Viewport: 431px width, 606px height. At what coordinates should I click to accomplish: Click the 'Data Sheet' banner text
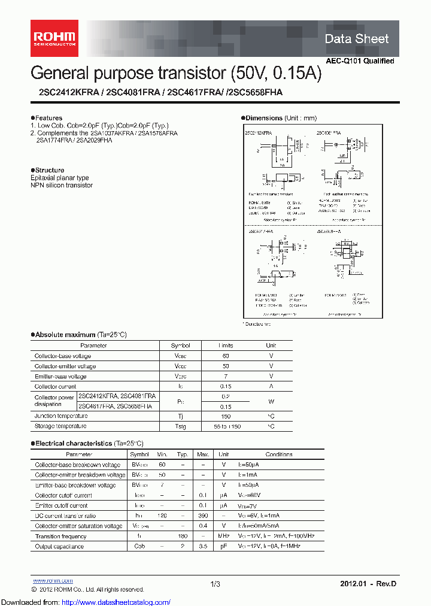coord(356,39)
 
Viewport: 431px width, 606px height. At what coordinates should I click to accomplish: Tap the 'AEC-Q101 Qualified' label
coord(360,61)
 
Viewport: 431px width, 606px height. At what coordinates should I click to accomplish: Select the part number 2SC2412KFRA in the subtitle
coord(59,92)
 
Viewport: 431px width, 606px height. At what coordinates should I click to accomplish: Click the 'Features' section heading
coord(48,118)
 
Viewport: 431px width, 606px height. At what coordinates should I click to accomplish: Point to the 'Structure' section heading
coord(49,171)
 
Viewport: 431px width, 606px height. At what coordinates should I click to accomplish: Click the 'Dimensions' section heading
coord(264,118)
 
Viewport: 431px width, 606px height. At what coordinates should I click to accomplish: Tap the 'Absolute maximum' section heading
coord(65,335)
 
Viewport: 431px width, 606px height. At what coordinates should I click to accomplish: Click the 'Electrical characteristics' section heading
coord(73,444)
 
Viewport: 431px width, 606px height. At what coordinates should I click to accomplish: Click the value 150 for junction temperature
coord(226,416)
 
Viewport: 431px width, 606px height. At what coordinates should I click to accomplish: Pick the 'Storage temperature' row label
coord(60,426)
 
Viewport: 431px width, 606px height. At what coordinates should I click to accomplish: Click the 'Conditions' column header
coord(278,454)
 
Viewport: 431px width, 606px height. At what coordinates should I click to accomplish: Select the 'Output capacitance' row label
coord(59,547)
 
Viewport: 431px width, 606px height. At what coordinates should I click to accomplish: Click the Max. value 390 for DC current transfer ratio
coord(203,516)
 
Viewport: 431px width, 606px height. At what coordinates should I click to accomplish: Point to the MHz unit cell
coord(224,537)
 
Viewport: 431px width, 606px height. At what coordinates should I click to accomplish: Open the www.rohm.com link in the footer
coord(52,580)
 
